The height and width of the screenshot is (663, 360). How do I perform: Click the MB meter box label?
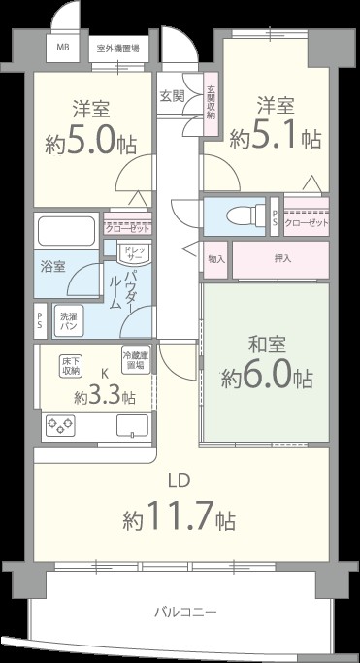point(62,47)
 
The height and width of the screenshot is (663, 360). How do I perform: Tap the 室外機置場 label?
point(115,47)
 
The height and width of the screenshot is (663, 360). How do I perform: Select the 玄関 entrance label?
point(172,96)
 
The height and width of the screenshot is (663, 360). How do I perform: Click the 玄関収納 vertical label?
point(211,100)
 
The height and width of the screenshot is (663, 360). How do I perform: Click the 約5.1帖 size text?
point(275,139)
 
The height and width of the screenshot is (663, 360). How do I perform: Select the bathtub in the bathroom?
point(67,233)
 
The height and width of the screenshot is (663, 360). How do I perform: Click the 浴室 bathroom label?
point(52,266)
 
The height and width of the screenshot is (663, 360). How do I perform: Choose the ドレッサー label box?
point(132,254)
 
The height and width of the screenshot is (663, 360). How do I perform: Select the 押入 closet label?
point(282,259)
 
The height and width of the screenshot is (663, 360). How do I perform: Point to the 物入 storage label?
point(216,259)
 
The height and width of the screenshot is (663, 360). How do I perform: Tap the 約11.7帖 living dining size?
point(179,519)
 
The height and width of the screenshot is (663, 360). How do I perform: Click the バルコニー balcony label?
point(184,612)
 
